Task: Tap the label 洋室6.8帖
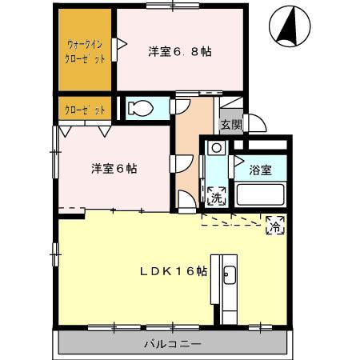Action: coord(179,51)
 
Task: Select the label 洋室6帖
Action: coord(113,169)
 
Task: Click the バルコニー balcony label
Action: coord(172,344)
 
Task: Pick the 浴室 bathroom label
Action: coord(260,170)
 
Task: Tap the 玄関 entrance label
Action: coord(230,124)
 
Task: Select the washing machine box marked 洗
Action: coord(216,194)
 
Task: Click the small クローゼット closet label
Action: coord(82,109)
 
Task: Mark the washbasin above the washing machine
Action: coord(215,149)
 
